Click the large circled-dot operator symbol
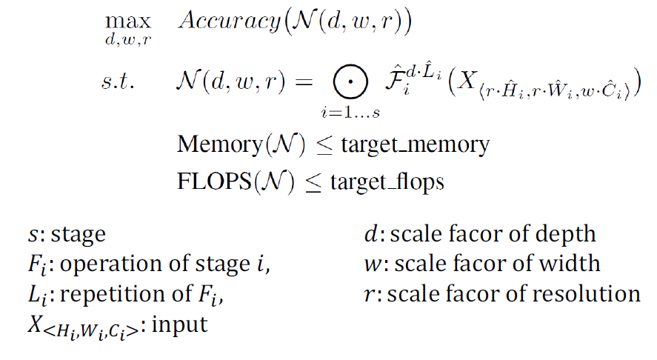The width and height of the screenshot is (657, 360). (x=342, y=81)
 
